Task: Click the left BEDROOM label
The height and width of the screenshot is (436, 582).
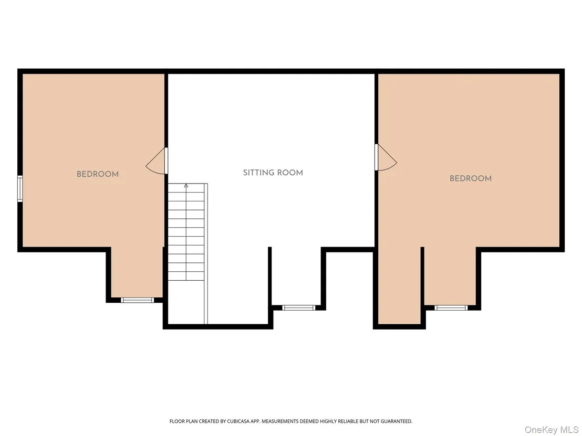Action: click(x=98, y=174)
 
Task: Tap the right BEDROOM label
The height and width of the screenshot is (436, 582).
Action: click(x=471, y=178)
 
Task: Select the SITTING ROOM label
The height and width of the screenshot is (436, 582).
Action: click(x=273, y=173)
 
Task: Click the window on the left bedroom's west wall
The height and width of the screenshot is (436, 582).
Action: click(x=20, y=189)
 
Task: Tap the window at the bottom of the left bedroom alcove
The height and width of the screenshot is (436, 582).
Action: click(x=137, y=300)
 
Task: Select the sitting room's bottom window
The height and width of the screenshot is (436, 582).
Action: click(x=298, y=307)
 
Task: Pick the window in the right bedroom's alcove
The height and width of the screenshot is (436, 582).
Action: click(x=451, y=307)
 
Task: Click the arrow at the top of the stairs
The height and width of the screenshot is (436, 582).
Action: click(x=186, y=186)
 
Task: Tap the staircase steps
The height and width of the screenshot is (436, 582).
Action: click(x=186, y=232)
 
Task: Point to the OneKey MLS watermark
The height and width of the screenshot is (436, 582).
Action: click(x=551, y=430)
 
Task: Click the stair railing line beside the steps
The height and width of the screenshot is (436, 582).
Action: click(x=206, y=253)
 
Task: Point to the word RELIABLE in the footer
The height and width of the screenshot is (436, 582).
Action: click(x=346, y=421)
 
